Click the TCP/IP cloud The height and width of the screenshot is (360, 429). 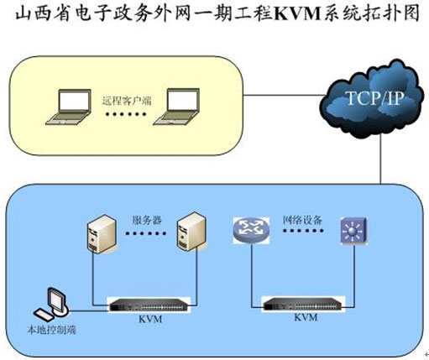coord(371,99)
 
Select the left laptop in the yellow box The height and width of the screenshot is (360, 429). coord(69,107)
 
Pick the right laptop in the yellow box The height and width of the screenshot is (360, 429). coord(176,107)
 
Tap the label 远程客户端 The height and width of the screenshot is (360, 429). coord(127,101)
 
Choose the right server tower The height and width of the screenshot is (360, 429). coord(192,232)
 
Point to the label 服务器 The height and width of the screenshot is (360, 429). coord(147,220)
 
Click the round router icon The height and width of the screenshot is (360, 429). coord(251,230)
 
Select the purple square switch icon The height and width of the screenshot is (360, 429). coord(353,231)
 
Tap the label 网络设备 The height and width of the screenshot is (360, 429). coord(302,220)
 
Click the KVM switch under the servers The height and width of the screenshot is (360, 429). coord(149,305)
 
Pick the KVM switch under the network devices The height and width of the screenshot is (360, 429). coord(304,304)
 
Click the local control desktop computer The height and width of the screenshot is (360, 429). coord(51,305)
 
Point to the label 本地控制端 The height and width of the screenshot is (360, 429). coord(52,330)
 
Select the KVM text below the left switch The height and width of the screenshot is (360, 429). coord(150,319)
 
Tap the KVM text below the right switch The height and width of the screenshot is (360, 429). coord(306,317)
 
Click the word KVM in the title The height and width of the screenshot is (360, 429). coord(297,14)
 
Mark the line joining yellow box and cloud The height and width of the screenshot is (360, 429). coord(283,96)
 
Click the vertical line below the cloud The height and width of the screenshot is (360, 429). coord(380,160)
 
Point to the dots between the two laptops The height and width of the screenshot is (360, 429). coord(126,114)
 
